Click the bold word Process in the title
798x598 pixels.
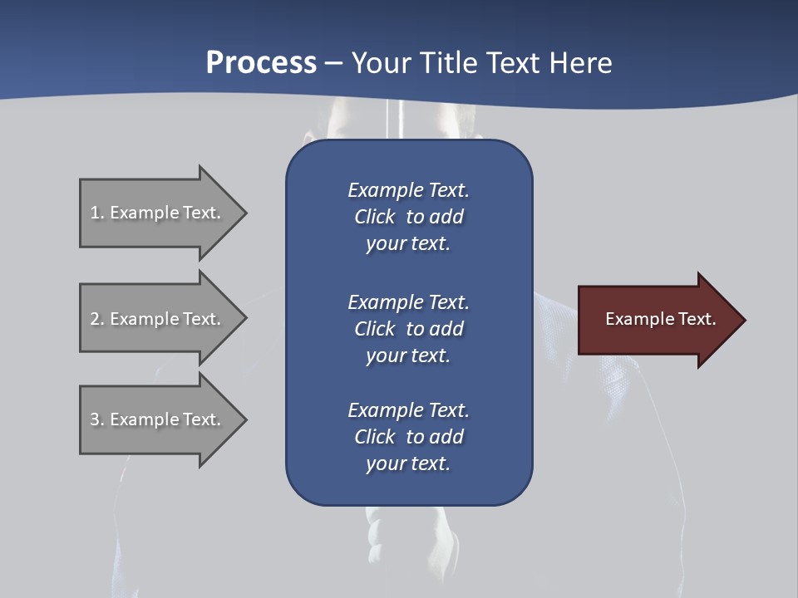point(261,63)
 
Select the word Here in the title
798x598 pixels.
point(580,63)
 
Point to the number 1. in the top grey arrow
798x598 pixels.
point(97,213)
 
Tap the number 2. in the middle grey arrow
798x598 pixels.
point(97,319)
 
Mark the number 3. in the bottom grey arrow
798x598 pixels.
point(97,419)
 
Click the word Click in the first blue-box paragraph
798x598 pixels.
point(375,217)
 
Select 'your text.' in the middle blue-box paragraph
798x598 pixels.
point(408,355)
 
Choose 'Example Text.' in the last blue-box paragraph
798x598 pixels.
point(408,410)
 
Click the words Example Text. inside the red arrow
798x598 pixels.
point(661,319)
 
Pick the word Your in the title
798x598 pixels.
point(382,63)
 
